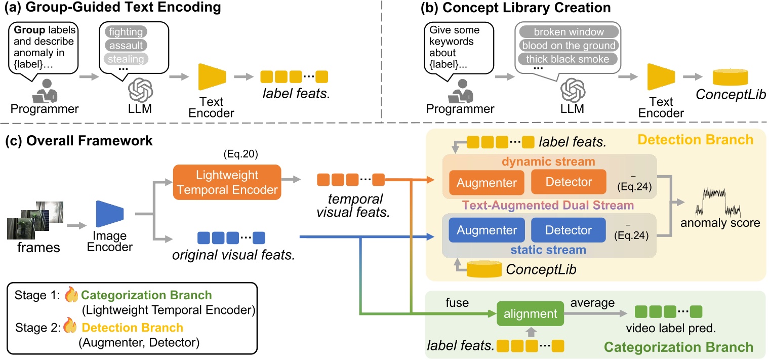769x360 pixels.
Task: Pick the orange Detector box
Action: [x=568, y=182]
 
